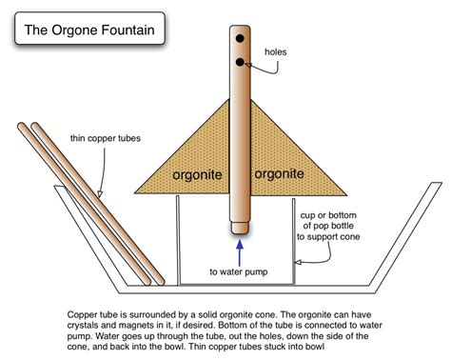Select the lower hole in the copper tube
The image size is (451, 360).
(241, 65)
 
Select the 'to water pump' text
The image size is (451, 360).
(239, 270)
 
